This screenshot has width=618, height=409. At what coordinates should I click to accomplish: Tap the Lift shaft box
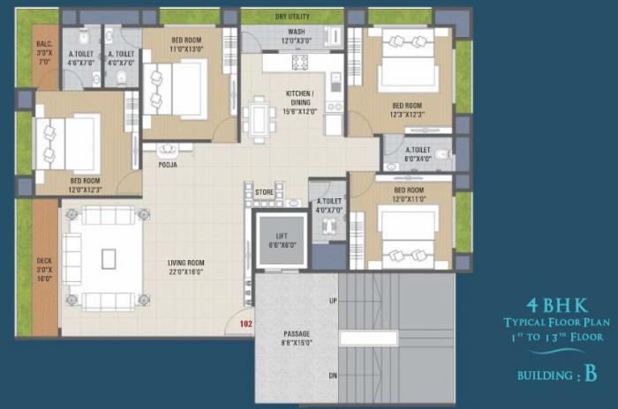pos(280,238)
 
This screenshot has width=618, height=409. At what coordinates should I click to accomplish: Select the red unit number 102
pos(244,323)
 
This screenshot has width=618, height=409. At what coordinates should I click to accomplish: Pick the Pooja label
pos(167,165)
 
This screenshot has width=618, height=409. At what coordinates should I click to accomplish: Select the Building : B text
pos(557,375)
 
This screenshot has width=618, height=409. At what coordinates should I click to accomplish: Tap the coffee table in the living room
pos(108,258)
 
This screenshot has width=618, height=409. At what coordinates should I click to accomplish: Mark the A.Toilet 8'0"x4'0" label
pos(418,154)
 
